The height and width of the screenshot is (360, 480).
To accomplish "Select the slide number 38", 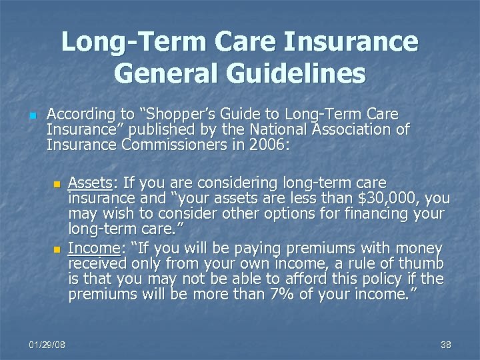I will [x=446, y=344].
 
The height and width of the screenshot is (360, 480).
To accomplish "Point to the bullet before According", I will [x=31, y=113].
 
